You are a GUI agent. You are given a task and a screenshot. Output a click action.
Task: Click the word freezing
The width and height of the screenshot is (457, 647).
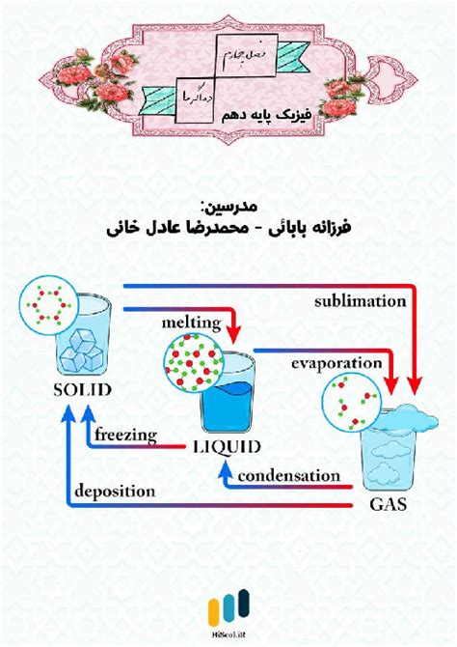point(126,435)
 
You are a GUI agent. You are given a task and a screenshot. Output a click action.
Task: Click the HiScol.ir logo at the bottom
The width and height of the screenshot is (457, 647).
point(228,613)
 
